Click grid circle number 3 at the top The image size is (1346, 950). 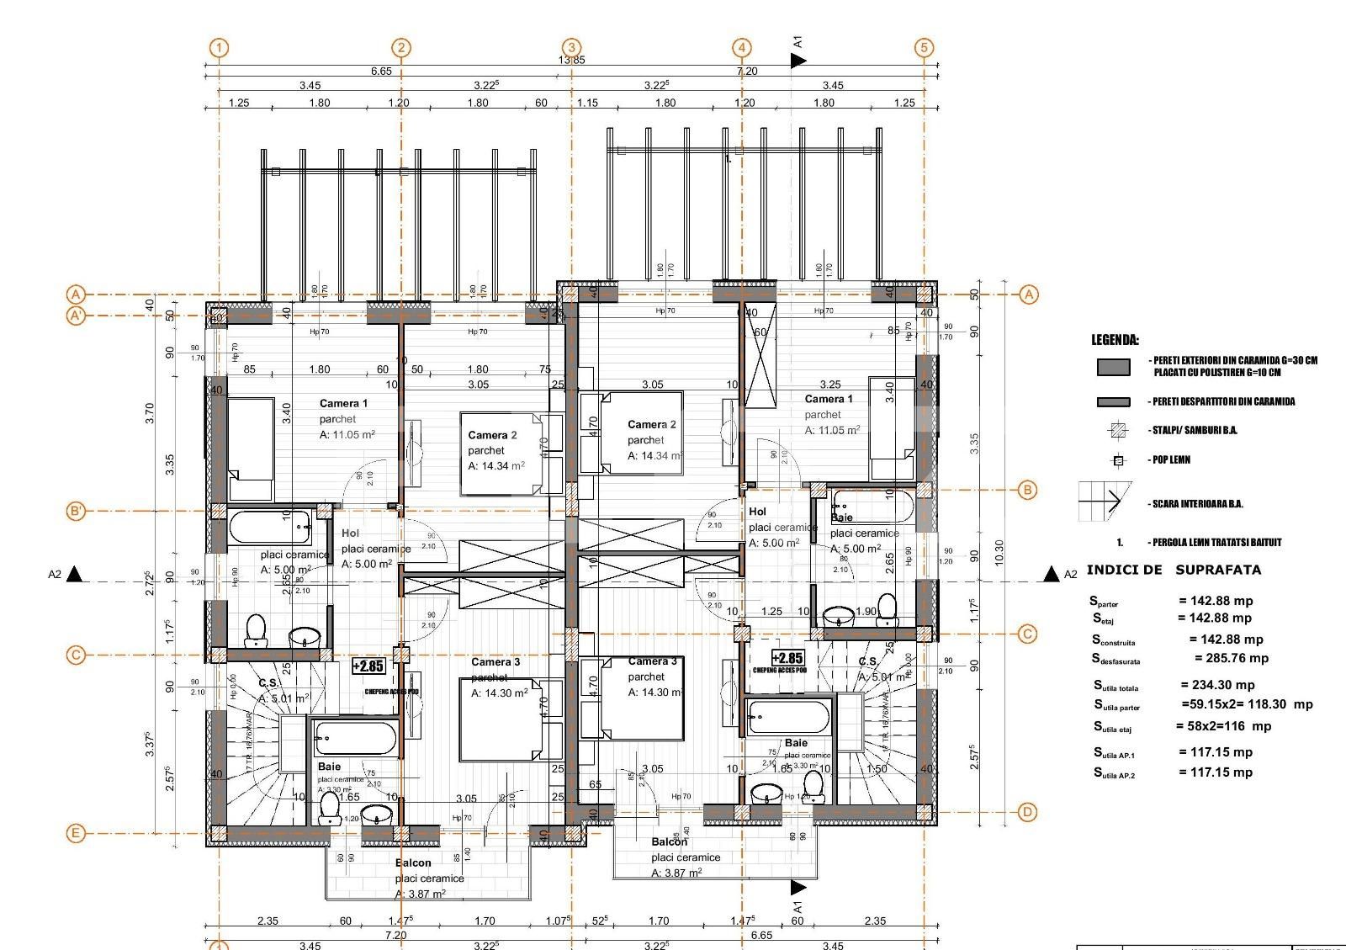pos(572,48)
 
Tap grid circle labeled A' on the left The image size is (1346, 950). pos(77,316)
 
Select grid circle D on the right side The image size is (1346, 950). pos(1027,812)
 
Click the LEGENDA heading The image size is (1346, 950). pos(1115,340)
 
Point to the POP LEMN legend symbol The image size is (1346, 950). pos(1118,460)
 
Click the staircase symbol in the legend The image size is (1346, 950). pos(1105,502)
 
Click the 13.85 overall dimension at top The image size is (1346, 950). pos(572,60)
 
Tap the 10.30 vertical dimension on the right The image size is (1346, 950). pos(999,553)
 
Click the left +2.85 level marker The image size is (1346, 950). pos(368,666)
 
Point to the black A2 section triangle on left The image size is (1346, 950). pos(75,574)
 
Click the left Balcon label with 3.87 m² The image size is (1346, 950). pos(413,862)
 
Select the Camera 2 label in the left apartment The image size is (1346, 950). pos(492,435)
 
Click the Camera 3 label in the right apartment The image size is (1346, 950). pos(652,661)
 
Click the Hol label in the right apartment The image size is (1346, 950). pos(757,512)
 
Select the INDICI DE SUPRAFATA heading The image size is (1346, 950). pos(1174,570)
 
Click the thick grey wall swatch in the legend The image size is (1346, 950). pos(1113,367)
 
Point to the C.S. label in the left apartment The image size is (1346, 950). pos(268,682)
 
